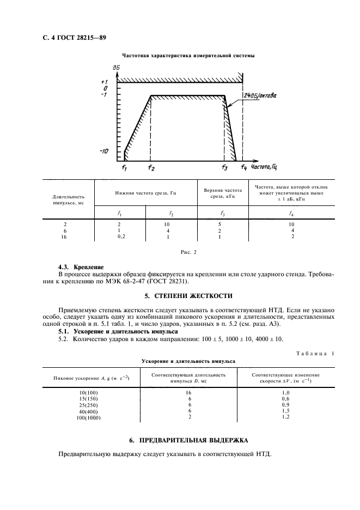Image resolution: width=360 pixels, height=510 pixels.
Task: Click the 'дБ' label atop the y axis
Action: click(x=117, y=68)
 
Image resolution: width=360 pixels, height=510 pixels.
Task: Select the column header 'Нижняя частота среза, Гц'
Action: click(x=145, y=193)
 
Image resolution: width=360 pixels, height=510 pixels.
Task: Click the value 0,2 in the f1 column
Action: click(x=121, y=237)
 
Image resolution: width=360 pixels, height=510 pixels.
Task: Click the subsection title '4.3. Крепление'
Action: click(x=81, y=268)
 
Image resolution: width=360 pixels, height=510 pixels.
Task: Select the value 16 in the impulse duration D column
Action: click(x=189, y=392)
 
